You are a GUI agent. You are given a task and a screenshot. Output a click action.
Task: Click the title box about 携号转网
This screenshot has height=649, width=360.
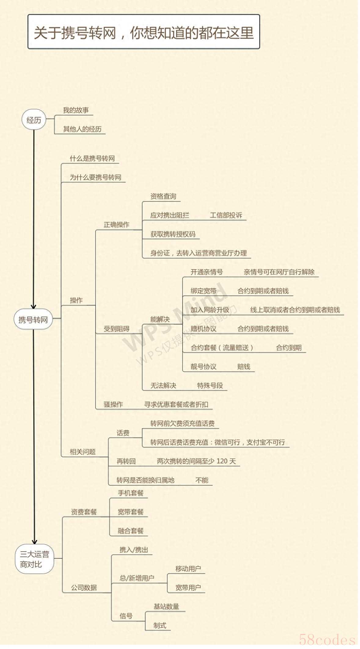(144, 32)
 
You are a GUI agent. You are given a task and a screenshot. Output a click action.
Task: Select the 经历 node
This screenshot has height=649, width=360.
(34, 120)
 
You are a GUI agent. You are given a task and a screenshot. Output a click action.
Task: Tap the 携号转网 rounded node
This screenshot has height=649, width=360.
(33, 320)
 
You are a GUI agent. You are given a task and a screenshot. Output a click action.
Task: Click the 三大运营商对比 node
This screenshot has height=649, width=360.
(35, 559)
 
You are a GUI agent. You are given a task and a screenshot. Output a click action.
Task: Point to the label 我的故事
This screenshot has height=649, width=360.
(76, 110)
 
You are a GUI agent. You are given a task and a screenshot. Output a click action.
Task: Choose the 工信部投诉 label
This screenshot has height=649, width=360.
(226, 215)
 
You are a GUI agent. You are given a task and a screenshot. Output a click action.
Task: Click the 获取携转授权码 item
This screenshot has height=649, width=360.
(173, 234)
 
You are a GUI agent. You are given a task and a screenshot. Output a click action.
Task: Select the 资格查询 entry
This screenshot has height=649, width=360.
(163, 196)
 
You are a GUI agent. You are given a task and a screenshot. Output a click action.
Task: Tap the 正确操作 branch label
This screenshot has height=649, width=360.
(116, 225)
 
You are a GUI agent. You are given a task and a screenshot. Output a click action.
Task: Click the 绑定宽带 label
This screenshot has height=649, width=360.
(203, 291)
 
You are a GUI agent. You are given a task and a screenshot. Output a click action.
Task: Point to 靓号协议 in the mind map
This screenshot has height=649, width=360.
(203, 367)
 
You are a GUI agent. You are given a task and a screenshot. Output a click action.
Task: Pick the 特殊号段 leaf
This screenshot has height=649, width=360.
(210, 386)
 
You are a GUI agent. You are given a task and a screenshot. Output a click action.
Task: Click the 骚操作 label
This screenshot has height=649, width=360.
(113, 404)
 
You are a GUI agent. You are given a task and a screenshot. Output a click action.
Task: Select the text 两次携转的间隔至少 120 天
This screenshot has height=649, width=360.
(196, 461)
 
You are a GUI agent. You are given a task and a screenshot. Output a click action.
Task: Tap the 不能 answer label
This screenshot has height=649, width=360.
(202, 480)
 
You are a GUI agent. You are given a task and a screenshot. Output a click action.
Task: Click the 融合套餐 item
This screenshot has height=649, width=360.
(131, 531)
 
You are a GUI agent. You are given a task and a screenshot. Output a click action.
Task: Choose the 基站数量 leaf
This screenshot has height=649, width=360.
(166, 607)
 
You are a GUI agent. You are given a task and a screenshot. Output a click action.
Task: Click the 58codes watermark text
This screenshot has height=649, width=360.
(327, 639)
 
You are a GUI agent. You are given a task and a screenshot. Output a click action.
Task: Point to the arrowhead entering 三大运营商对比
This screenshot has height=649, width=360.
(35, 541)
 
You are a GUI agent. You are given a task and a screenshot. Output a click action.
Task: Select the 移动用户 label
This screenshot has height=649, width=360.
(188, 569)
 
